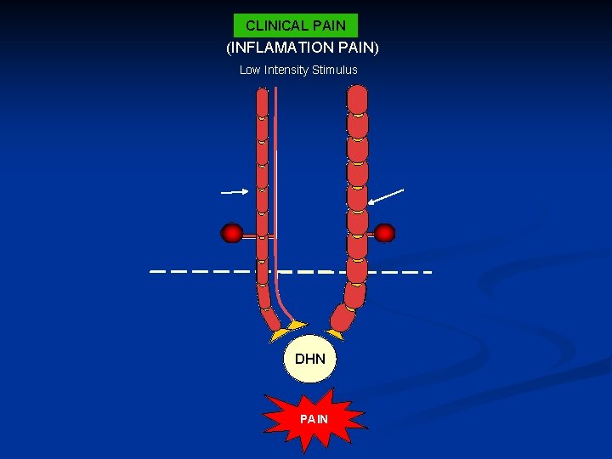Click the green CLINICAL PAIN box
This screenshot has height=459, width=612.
296,25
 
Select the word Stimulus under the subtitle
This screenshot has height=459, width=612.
335,70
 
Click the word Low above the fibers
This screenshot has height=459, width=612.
249,70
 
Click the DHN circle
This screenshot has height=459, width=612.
309,359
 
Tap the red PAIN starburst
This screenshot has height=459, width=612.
314,419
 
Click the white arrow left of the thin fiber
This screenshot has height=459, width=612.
234,192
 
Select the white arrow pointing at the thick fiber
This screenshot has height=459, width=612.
386,195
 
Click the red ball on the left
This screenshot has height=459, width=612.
232,232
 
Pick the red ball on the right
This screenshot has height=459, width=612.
384,232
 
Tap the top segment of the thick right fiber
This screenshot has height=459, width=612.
358,99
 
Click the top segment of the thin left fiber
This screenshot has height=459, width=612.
262,102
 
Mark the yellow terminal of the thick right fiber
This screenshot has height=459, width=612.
334,334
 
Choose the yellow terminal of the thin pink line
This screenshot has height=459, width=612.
297,325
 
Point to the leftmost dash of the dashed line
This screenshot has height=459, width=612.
158,272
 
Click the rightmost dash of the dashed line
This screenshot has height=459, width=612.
422,272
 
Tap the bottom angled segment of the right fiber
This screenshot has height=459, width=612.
343,318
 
